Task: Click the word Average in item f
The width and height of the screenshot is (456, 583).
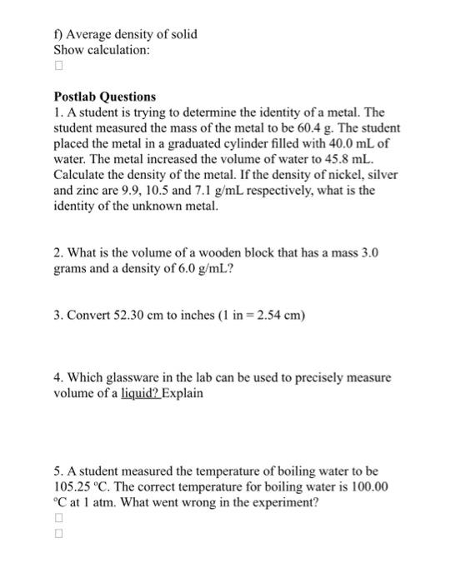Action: tap(91, 33)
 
